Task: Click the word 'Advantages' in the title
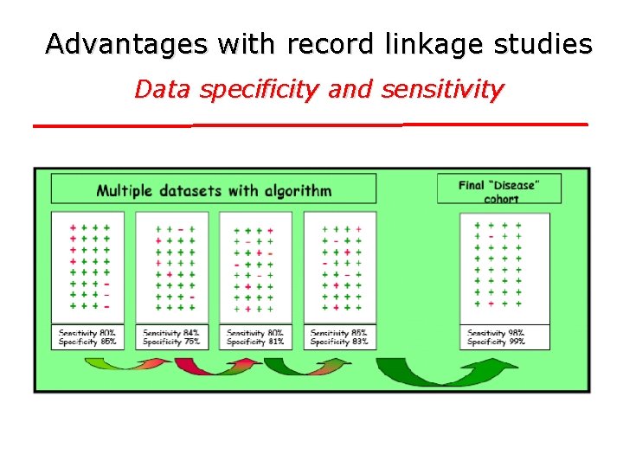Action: (x=127, y=43)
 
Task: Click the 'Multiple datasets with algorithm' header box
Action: (x=214, y=189)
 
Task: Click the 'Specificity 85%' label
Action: (x=87, y=342)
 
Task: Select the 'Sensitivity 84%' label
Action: (x=171, y=333)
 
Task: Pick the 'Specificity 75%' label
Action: (x=171, y=342)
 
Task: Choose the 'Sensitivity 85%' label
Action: (x=339, y=333)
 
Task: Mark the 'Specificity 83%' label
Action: (x=339, y=342)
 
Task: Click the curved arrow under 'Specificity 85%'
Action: (x=126, y=365)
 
